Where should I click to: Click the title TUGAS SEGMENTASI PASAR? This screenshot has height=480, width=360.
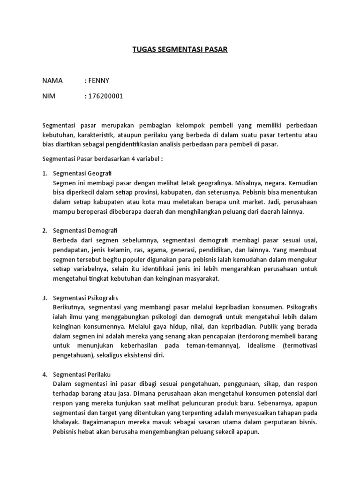(180, 49)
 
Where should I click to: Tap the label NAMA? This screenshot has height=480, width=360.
(52, 81)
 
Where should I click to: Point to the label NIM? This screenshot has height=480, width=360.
(49, 97)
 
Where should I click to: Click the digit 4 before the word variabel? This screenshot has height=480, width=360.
(135, 158)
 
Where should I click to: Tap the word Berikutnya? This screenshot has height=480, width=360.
(69, 307)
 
